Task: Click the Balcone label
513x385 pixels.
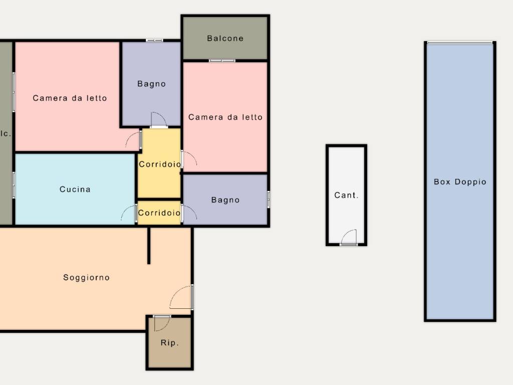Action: pyautogui.click(x=225, y=38)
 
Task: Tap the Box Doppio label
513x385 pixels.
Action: pyautogui.click(x=460, y=181)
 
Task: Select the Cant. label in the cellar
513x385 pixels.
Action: pyautogui.click(x=346, y=195)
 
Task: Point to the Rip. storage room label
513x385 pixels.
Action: pyautogui.click(x=169, y=343)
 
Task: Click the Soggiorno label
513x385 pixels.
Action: pyautogui.click(x=86, y=278)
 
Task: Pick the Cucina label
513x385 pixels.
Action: pyautogui.click(x=75, y=189)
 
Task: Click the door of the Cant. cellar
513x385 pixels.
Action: pyautogui.click(x=349, y=237)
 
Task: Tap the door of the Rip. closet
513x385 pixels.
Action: pyautogui.click(x=162, y=323)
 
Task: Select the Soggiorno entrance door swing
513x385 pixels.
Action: pyautogui.click(x=181, y=297)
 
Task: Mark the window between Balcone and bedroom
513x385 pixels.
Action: pyautogui.click(x=222, y=61)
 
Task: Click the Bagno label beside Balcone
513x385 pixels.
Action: pyautogui.click(x=151, y=84)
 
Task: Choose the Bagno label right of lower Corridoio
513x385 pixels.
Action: pyautogui.click(x=225, y=200)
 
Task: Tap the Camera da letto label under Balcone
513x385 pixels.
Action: pyautogui.click(x=225, y=117)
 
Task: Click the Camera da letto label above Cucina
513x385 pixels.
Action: pyautogui.click(x=70, y=98)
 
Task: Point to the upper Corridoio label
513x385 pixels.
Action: pyautogui.click(x=160, y=164)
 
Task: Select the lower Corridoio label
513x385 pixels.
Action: pyautogui.click(x=159, y=213)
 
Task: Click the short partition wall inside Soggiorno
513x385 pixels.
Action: pyautogui.click(x=149, y=246)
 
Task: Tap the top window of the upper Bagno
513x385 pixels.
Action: pyautogui.click(x=154, y=40)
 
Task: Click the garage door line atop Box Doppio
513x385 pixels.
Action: pyautogui.click(x=460, y=43)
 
